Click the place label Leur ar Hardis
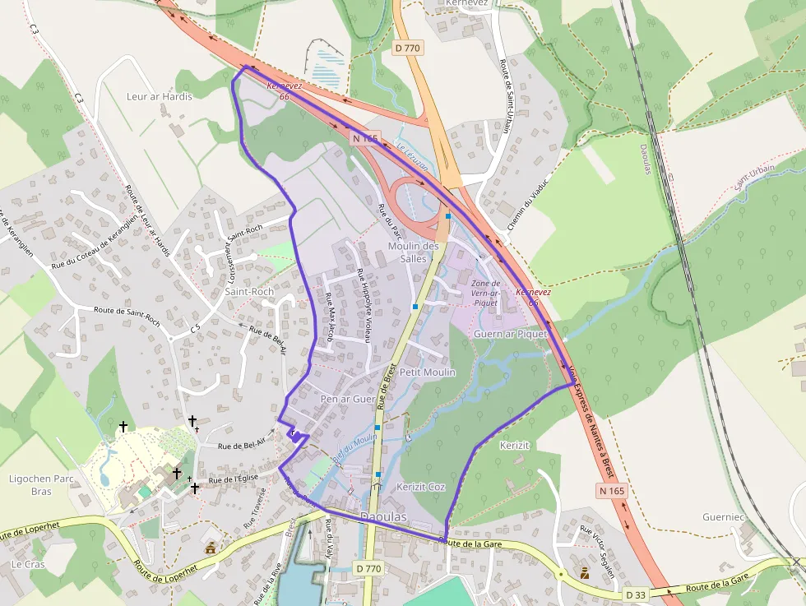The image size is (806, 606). pos(159,96)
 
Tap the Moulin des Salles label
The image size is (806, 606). pos(413,252)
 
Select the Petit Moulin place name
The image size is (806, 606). pos(427,372)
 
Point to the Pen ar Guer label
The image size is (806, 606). pos(347,399)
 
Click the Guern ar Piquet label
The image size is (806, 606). pos(510,334)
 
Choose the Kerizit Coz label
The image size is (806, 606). pos(420,487)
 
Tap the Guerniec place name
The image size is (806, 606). pos(723,517)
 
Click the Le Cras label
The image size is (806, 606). pos(27,565)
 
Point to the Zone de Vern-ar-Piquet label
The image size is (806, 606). pos(486,293)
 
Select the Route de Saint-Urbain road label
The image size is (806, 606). pos(504,90)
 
